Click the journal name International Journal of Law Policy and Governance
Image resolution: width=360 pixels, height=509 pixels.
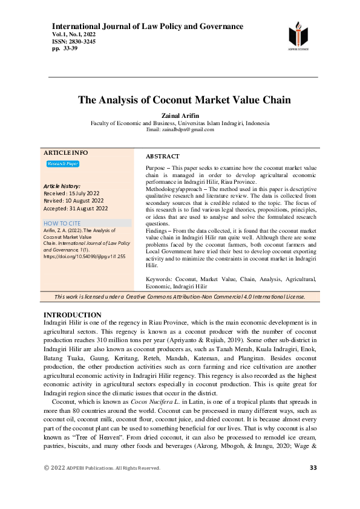coord(148,27)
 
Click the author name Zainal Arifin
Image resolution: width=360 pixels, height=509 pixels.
coord(180,115)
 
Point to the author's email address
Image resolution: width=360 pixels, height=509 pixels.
coord(180,129)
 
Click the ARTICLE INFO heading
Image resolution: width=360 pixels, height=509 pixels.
coord(66,152)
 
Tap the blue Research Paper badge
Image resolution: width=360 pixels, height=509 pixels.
coord(63,164)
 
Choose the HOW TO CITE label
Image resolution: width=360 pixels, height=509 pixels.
coord(62,223)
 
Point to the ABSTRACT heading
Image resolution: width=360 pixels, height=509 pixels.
coord(163,156)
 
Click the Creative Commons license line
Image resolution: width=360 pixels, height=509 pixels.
coord(180,297)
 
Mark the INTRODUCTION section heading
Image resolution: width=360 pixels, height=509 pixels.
coord(73,316)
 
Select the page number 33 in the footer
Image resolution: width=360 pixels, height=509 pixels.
coord(313,468)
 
